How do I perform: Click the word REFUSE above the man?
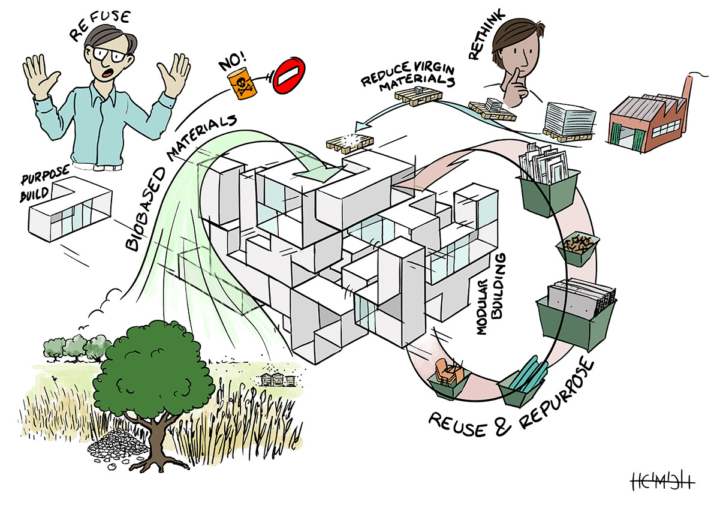coord(100,24)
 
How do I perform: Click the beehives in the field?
coord(276,379)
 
